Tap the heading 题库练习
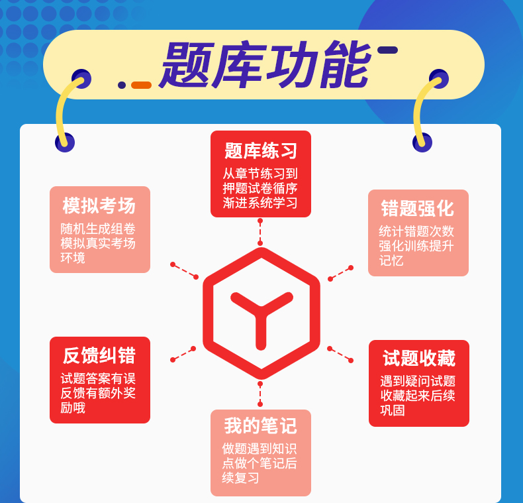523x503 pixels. pos(261,151)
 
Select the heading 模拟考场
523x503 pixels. pos(99,205)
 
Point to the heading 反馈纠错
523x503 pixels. pos(99,356)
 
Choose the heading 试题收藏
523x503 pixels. pos(419,359)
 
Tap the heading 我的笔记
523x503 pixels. pos(261,425)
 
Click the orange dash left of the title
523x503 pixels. pos(141,85)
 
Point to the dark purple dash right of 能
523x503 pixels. pos(387,50)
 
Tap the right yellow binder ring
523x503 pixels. pos(424,109)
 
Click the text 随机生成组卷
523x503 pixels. pos(98,229)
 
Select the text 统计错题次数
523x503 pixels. pos(416,231)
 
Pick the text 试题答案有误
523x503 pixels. pos(98,378)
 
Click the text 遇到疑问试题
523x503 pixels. pos(418,381)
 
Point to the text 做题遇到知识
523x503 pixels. pos(260,449)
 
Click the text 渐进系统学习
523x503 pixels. pos(260,203)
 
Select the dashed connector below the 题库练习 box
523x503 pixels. pos(260,231)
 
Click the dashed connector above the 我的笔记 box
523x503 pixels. pos(260,394)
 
